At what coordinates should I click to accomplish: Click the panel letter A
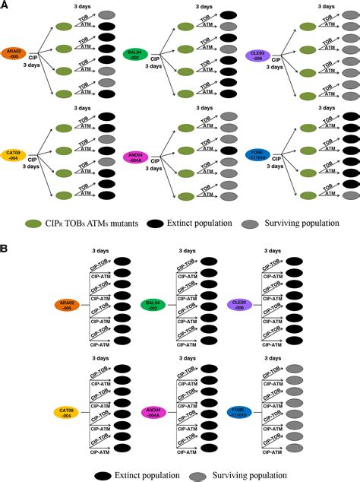click(5, 5)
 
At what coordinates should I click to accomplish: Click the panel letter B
click(5, 248)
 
